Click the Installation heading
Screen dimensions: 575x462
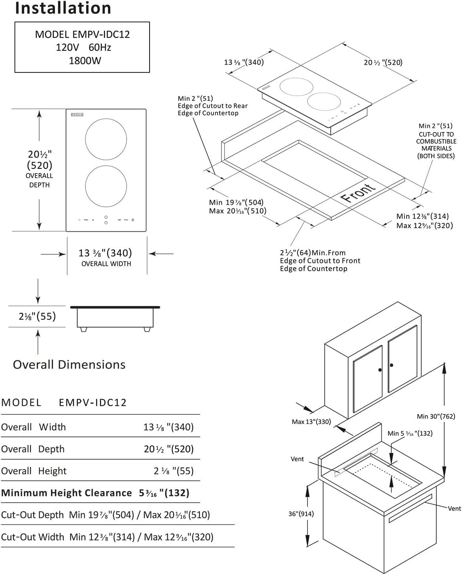63,8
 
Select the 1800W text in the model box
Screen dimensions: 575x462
85,61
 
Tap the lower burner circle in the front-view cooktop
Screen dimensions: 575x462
106,186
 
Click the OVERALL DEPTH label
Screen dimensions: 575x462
39,180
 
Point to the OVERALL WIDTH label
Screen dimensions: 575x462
106,264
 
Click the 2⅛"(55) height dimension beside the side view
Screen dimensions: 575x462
37,316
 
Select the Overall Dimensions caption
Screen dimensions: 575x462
69,365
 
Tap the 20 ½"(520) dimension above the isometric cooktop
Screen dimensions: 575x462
383,62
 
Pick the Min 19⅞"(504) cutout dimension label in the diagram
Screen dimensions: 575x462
236,203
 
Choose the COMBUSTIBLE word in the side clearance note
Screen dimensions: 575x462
436,141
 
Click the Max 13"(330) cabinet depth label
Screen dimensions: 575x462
311,422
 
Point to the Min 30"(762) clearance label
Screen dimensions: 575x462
436,416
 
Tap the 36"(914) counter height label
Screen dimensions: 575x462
301,514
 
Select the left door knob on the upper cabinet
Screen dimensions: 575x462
380,370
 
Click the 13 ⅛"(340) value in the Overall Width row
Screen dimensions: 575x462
169,427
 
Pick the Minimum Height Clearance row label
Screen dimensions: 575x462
66,493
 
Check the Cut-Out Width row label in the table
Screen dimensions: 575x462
32,537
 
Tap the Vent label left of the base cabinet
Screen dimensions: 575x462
297,459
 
